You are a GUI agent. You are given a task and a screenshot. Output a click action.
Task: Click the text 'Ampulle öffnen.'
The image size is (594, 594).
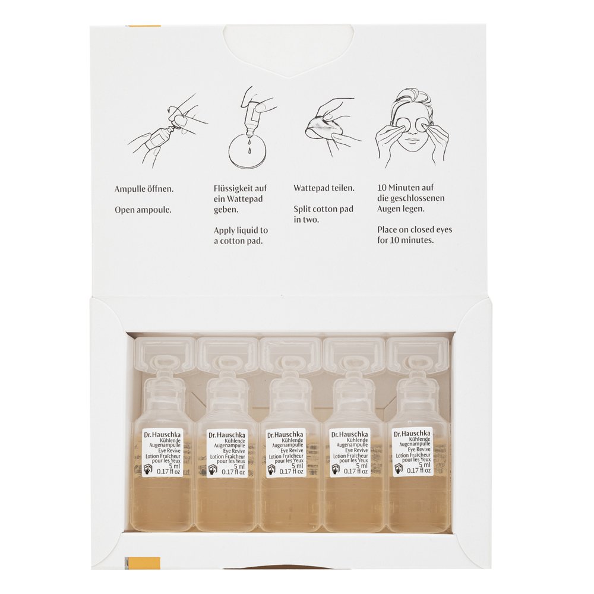click(x=144, y=189)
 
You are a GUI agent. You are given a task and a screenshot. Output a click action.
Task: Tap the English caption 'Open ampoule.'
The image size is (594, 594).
click(x=143, y=210)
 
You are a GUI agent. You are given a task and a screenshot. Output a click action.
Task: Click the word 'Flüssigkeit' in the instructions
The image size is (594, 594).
click(x=235, y=188)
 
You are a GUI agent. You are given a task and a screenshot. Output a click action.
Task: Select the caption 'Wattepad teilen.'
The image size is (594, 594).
click(x=324, y=188)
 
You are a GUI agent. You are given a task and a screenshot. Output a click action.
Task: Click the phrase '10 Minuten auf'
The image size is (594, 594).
click(x=405, y=188)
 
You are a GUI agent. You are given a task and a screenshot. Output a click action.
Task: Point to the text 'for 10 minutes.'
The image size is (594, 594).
click(x=405, y=240)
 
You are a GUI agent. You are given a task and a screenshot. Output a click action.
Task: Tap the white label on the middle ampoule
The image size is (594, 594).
click(x=286, y=453)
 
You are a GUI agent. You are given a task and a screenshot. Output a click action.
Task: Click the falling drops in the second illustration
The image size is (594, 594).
click(x=249, y=146)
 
